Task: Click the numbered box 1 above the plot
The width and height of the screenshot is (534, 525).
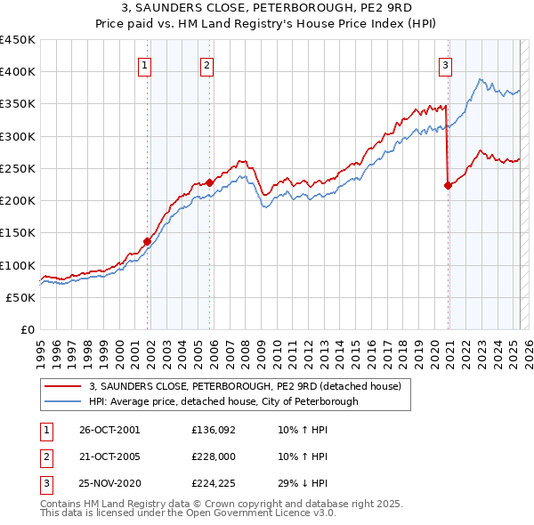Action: [144, 63]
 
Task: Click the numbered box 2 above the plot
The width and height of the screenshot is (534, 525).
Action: [206, 63]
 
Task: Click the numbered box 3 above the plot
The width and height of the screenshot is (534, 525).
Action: [444, 63]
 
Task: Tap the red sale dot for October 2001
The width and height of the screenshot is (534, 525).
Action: [147, 241]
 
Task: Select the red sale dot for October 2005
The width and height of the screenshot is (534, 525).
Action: [210, 182]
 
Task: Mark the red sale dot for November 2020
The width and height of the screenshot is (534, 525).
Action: [448, 185]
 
